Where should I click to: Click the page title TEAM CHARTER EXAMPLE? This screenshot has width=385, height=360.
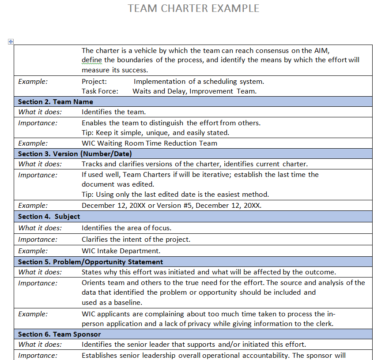tap(193, 8)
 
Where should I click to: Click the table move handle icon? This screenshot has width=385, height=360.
tap(11, 42)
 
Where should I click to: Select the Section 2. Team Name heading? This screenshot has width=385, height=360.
tap(56, 102)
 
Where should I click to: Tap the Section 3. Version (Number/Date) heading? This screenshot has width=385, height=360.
tap(75, 154)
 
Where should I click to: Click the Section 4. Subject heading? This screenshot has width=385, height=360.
tap(49, 217)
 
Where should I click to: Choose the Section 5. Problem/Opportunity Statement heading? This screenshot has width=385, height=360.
tap(91, 262)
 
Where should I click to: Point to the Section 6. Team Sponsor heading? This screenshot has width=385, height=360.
tap(59, 334)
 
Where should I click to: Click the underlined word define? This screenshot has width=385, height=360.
tap(92, 60)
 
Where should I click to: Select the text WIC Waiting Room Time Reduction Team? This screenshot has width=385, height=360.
tap(149, 143)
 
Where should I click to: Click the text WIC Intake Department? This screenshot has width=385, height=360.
tap(121, 251)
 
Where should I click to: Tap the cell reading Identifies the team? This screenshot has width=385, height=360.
tap(113, 112)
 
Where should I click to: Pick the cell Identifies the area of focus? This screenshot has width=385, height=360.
tap(126, 228)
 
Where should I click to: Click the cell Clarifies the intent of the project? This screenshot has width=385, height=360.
tap(136, 240)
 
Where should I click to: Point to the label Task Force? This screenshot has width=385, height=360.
tap(100, 91)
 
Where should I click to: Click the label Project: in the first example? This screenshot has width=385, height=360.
tap(94, 82)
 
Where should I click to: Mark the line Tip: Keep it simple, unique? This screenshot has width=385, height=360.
tap(155, 133)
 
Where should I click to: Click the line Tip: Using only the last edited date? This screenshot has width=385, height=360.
tap(175, 195)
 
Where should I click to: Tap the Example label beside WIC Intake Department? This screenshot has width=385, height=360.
tap(33, 251)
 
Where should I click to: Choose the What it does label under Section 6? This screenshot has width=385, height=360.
tap(40, 345)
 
